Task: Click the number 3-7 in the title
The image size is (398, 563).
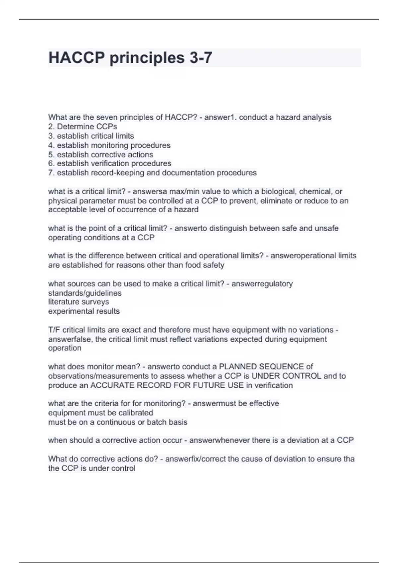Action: (201, 58)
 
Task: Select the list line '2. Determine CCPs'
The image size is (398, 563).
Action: (83, 127)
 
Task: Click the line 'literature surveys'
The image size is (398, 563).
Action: (79, 302)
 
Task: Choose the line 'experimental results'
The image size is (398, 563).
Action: (84, 311)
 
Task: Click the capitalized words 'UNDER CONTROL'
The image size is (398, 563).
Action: (286, 376)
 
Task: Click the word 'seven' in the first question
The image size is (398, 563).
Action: (106, 117)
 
